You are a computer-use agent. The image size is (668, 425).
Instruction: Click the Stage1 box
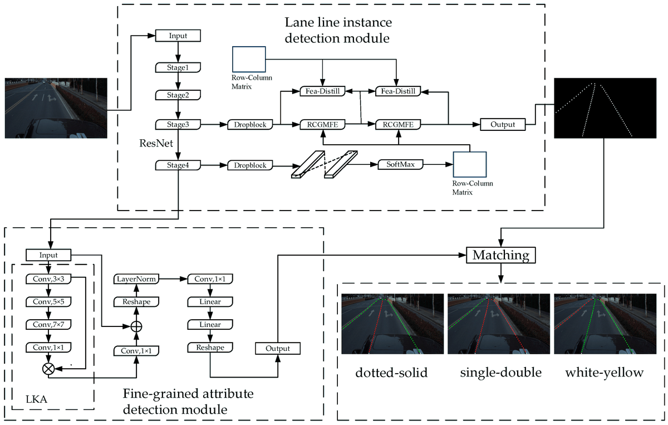177,67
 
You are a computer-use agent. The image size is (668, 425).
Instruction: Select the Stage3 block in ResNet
177,124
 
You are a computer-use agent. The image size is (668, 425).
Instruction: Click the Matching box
500,255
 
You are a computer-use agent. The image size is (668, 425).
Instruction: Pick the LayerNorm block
136,279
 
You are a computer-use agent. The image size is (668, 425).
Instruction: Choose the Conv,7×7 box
48,325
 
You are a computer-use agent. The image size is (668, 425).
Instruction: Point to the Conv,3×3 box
48,279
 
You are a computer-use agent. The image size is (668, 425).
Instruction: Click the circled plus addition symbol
136,326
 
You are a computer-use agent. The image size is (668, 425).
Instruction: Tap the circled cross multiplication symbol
48,368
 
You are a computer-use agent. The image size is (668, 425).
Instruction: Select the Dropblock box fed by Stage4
250,165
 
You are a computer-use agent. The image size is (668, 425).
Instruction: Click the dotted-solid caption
391,373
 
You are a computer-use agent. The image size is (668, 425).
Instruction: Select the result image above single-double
498,324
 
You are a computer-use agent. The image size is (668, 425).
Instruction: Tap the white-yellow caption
604,373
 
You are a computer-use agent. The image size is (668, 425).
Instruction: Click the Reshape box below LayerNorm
136,301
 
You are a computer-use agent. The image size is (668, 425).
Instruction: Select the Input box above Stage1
177,36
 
